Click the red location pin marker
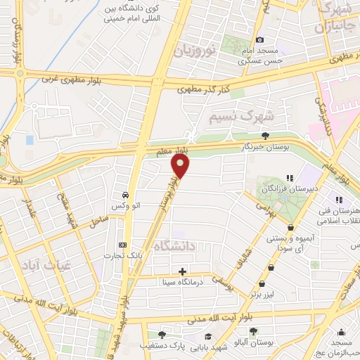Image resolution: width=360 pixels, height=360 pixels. [181, 167]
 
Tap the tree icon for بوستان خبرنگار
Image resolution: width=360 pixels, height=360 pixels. [265, 136]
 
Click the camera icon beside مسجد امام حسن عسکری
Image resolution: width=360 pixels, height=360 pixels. [259, 40]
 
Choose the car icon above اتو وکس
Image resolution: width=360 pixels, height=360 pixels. [124, 195]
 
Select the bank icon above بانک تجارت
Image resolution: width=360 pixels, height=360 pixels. [123, 244]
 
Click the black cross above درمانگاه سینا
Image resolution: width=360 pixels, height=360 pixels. [183, 271]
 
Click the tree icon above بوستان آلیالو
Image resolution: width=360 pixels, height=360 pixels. [252, 330]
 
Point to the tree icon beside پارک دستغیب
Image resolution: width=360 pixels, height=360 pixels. [162, 335]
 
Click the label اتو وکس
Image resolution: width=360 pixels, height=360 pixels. [124, 206]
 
